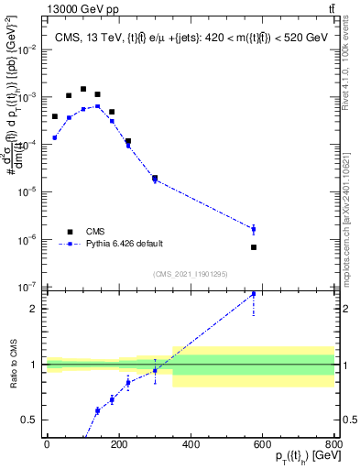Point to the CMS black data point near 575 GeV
[254, 247]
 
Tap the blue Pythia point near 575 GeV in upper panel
[254, 229]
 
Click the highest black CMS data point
[83, 90]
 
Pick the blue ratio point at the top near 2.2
[254, 294]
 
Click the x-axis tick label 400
[191, 444]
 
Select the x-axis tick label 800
[334, 444]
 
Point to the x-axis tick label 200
[118, 444]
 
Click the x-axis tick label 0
[47, 444]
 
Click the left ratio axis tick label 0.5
[29, 420]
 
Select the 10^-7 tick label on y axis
[27, 287]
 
